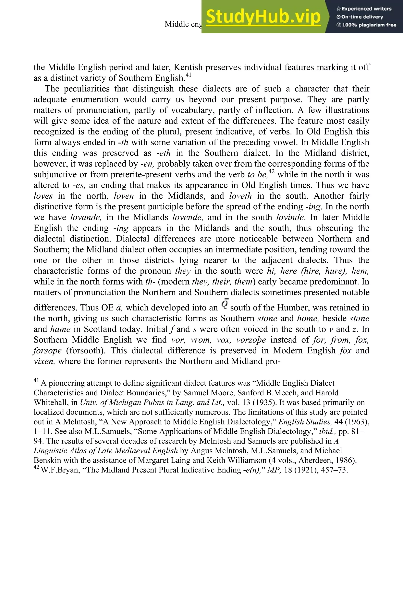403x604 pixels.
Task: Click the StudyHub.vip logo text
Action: coord(263,17)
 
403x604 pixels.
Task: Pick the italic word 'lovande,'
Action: coord(86,217)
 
